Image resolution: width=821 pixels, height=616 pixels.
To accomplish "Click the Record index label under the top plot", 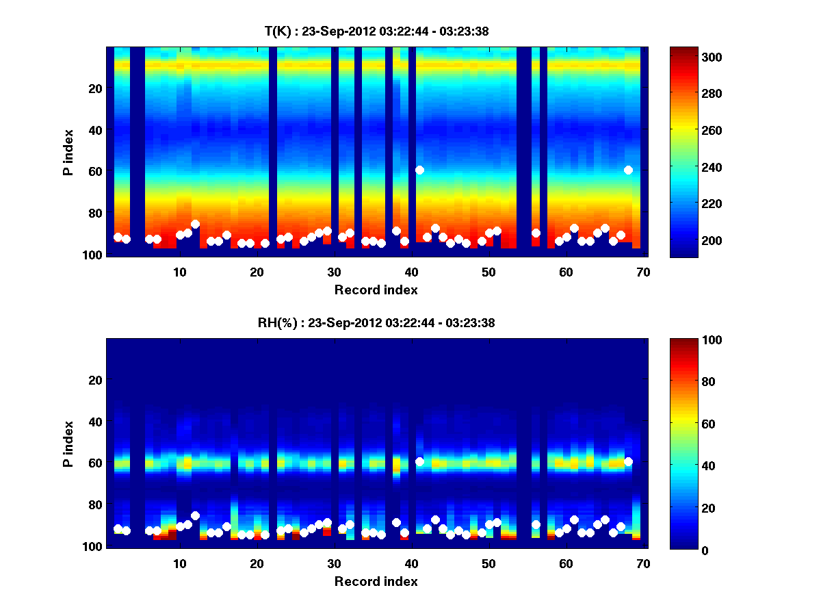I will pyautogui.click(x=376, y=290).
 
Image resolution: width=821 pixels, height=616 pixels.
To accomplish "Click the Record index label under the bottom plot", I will pyautogui.click(x=376, y=581).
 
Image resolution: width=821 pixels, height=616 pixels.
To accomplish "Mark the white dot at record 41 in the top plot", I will pyautogui.click(x=419, y=170).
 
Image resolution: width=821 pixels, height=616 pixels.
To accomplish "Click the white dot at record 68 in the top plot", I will pyautogui.click(x=628, y=170).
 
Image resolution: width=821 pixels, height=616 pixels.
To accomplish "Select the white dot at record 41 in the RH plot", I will pyautogui.click(x=419, y=461).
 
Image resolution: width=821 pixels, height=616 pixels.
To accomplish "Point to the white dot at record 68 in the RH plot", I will pyautogui.click(x=628, y=461).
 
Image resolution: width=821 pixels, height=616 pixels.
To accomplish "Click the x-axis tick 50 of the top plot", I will pyautogui.click(x=488, y=272).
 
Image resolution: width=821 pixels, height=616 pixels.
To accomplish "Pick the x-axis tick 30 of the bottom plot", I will pyautogui.click(x=334, y=563).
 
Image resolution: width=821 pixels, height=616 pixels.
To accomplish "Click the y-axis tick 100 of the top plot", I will pyautogui.click(x=95, y=255).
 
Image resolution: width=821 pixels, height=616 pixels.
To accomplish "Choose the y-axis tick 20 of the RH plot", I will pyautogui.click(x=96, y=380).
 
